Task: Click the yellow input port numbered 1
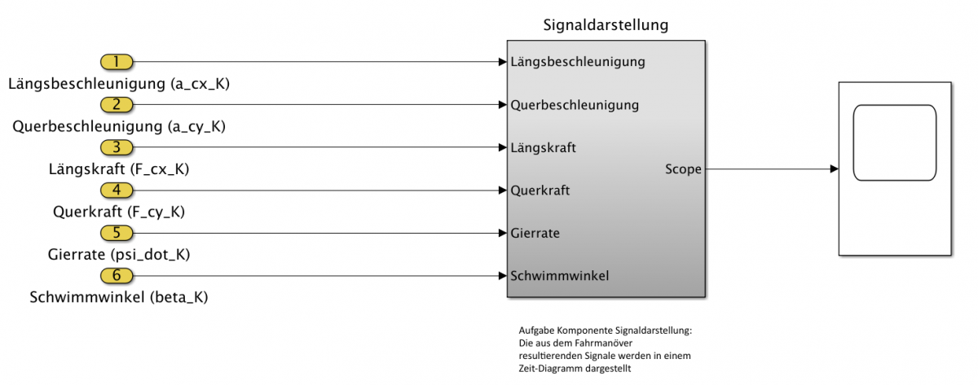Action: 117,62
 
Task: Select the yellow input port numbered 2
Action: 117,105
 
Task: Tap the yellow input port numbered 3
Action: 117,147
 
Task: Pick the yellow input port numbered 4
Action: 117,190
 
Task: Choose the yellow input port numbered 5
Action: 117,233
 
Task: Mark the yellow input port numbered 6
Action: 117,276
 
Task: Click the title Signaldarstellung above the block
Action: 606,25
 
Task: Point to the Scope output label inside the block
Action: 683,169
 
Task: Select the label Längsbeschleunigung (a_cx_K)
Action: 119,84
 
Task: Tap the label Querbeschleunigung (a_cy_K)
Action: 119,126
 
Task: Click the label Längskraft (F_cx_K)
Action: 119,169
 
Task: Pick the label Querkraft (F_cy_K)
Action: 119,212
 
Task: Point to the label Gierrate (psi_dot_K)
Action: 119,255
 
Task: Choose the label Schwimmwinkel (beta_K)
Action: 119,297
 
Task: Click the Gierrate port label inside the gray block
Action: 535,234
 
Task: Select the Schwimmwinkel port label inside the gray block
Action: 560,276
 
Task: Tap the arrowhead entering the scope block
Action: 835,168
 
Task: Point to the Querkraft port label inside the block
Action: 540,190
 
